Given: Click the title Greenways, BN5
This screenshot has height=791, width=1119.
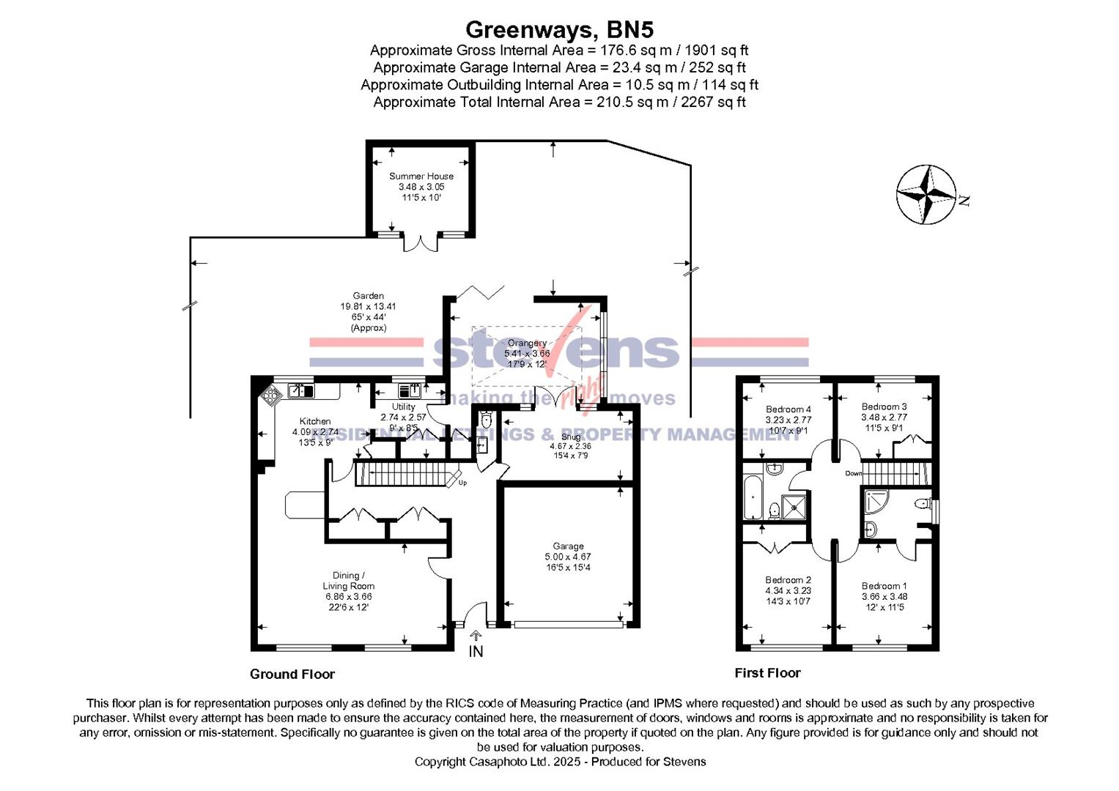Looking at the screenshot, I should (x=559, y=30).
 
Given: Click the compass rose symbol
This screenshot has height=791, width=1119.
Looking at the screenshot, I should (x=927, y=195).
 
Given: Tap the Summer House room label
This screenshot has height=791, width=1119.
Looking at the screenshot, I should (x=421, y=177).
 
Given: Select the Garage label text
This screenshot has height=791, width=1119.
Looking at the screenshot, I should (x=568, y=546).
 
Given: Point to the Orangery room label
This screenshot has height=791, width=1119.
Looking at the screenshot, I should (x=527, y=343).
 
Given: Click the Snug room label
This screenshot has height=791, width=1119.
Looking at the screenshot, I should (x=571, y=437).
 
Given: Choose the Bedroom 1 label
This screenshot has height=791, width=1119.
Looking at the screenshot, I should (x=884, y=586).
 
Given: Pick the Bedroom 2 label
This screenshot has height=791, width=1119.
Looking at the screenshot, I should (x=788, y=580).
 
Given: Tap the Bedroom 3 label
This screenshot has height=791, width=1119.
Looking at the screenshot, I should (x=884, y=407).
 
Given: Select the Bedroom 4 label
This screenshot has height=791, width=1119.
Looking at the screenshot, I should (x=788, y=410).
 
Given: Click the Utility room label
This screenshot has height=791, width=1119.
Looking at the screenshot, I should (x=403, y=407).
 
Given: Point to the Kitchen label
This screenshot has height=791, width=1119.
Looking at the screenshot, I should (x=315, y=422).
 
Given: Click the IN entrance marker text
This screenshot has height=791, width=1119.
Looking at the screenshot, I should (x=476, y=651).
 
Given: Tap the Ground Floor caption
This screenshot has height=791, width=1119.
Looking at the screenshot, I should (x=292, y=675).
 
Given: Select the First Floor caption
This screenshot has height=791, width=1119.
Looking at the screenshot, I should (x=767, y=673).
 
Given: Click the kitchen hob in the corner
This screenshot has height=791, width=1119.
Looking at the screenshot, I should (x=271, y=395).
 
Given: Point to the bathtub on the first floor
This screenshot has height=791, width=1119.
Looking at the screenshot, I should (x=752, y=497).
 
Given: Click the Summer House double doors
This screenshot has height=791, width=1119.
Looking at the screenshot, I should (x=421, y=243).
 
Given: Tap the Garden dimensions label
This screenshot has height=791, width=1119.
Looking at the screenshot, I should (x=368, y=312).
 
